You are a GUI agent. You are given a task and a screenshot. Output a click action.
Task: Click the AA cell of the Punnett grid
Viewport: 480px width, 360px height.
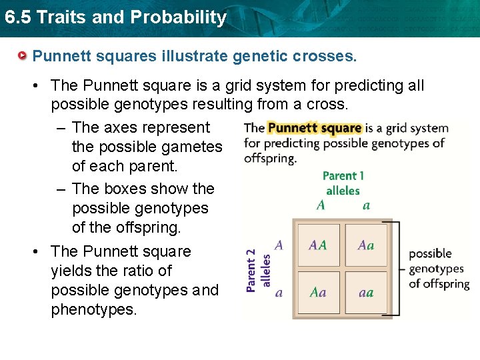pyautogui.click(x=318, y=245)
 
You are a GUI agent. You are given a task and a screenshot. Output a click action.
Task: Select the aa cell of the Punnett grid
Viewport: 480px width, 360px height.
pyautogui.click(x=365, y=292)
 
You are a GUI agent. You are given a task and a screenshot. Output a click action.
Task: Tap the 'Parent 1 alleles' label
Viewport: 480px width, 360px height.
pyautogui.click(x=343, y=183)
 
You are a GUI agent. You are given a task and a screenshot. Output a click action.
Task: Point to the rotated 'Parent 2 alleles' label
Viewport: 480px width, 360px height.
pyautogui.click(x=257, y=269)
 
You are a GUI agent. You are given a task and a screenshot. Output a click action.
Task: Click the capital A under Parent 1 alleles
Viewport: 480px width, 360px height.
pyautogui.click(x=321, y=205)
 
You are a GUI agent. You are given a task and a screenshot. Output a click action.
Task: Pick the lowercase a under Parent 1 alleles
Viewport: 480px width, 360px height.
pyautogui.click(x=366, y=205)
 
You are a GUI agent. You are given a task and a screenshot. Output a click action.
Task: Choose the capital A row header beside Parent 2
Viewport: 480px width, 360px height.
pyautogui.click(x=279, y=245)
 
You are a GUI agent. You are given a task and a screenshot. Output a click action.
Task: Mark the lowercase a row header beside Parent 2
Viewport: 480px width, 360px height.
pyautogui.click(x=279, y=292)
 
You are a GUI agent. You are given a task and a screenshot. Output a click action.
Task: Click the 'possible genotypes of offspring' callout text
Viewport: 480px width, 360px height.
pyautogui.click(x=438, y=269)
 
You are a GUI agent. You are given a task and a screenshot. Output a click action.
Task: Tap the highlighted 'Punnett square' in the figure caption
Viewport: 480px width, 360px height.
pyautogui.click(x=314, y=128)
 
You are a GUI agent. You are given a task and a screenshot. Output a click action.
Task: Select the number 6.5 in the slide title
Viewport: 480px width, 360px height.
pyautogui.click(x=17, y=17)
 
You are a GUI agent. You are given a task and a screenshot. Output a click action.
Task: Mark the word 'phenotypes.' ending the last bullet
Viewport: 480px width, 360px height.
pyautogui.click(x=94, y=309)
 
